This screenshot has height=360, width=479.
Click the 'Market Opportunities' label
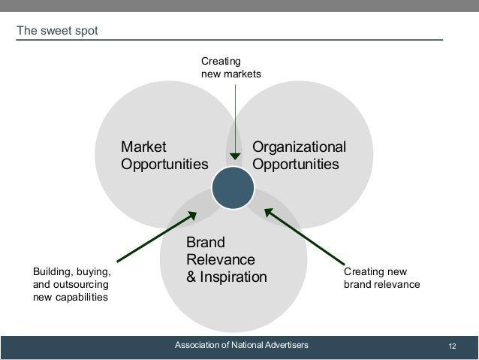click(x=164, y=155)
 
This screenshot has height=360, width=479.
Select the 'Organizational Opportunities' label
click(x=300, y=155)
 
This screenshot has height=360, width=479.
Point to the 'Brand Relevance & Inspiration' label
click(x=226, y=260)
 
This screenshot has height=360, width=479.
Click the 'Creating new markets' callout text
click(x=230, y=67)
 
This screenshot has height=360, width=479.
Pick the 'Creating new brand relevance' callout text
click(x=381, y=278)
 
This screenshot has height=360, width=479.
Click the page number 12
click(x=452, y=345)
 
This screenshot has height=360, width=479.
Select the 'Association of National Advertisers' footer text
click(x=241, y=345)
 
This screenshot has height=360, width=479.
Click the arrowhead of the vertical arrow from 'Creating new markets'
click(x=236, y=156)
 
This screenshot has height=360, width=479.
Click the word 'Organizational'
click(x=300, y=146)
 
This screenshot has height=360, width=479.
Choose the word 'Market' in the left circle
click(x=143, y=146)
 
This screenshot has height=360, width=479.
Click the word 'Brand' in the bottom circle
click(x=205, y=243)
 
